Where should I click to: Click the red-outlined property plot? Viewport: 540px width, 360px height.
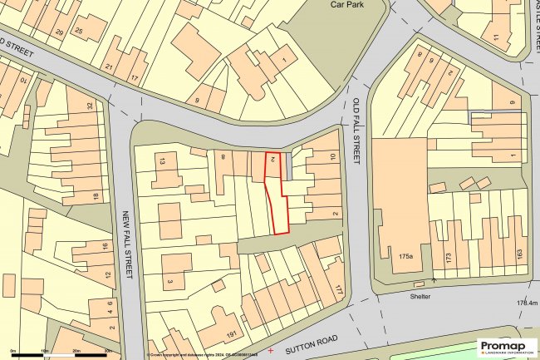(277, 200)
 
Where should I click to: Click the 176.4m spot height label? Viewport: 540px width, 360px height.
(525, 303)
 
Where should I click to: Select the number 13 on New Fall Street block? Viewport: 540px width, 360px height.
(163, 160)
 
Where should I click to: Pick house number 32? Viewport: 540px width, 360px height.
(91, 106)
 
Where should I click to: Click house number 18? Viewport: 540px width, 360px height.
(97, 196)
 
